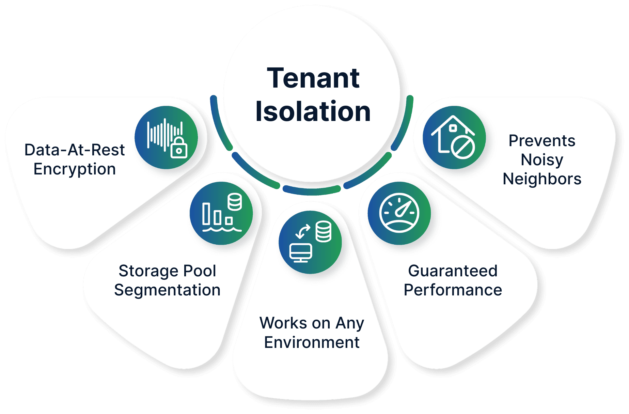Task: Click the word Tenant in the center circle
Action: click(x=313, y=78)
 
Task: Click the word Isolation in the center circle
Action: click(x=313, y=111)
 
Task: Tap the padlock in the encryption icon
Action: click(x=179, y=148)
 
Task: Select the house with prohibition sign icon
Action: click(x=454, y=137)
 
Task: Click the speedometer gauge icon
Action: click(x=399, y=213)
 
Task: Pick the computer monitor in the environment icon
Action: click(x=300, y=252)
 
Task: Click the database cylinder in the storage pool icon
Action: click(x=235, y=201)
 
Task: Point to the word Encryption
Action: click(x=75, y=169)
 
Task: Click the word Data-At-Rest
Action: click(x=75, y=150)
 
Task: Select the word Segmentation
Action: click(x=167, y=290)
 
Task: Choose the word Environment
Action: click(x=312, y=342)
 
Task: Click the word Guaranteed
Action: click(x=453, y=271)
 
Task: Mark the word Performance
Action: click(x=453, y=290)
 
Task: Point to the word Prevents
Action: click(x=542, y=141)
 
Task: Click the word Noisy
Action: click(x=542, y=160)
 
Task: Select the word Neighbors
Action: click(x=542, y=179)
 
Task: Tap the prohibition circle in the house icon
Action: click(x=463, y=147)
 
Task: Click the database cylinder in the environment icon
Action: click(x=323, y=231)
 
